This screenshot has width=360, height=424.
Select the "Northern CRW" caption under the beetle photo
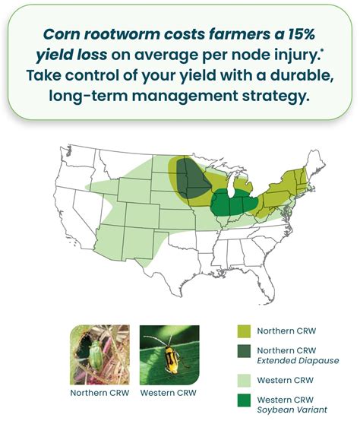99,393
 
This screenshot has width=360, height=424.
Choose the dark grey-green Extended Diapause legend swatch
243,354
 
